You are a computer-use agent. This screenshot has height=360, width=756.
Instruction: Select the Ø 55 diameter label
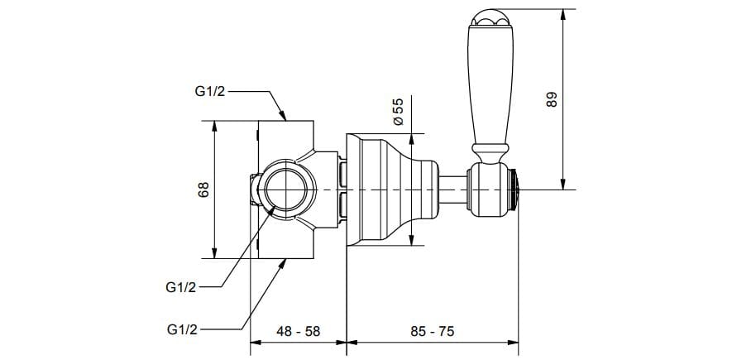tap(398, 111)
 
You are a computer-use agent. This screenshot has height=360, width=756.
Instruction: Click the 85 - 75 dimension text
tap(431, 330)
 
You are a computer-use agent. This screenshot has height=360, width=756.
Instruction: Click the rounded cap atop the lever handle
tap(485, 17)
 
